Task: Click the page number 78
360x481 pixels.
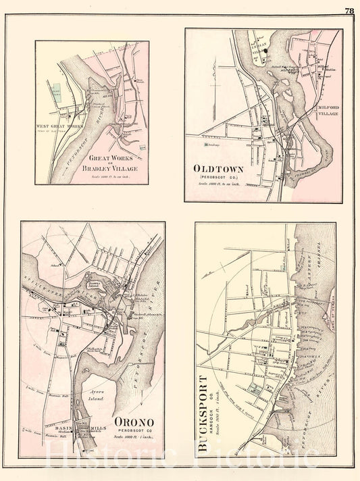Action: (x=349, y=10)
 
